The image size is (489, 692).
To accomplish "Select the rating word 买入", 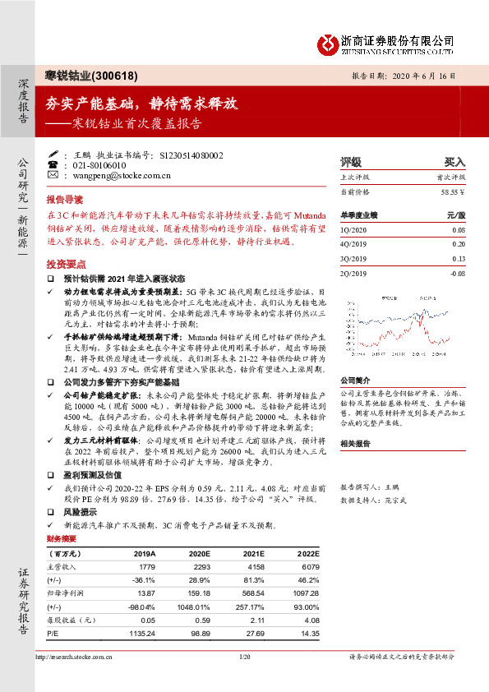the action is [x=454, y=162].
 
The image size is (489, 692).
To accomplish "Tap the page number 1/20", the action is [x=244, y=679].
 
